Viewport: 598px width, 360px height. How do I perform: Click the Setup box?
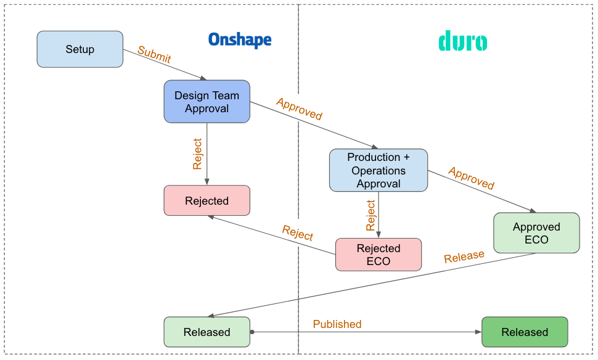pos(80,49)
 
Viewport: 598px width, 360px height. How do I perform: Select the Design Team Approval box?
pos(207,102)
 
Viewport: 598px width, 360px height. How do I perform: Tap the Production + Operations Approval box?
pos(379,170)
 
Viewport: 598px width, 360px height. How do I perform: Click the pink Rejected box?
pos(207,200)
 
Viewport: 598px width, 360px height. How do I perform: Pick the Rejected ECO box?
pos(379,255)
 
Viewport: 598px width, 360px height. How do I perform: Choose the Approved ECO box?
pos(536,233)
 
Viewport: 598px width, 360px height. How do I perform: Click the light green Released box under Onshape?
pos(207,332)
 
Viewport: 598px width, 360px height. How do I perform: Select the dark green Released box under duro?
pos(524,332)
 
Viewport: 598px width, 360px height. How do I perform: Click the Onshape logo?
pos(240,40)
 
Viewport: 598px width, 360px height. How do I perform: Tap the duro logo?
pos(462,42)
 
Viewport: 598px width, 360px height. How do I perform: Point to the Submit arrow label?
pos(154,55)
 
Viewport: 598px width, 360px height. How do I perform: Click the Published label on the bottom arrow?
pos(337,324)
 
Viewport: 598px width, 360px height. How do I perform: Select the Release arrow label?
pos(464,256)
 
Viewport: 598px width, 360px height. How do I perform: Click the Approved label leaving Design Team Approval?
pos(299,109)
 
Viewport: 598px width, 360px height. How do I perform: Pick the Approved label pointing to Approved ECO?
pos(471,178)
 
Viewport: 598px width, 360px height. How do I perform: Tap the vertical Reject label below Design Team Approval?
pos(198,153)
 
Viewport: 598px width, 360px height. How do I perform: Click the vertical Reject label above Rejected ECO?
pos(371,215)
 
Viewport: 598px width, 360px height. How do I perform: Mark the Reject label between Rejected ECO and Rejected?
pos(298,233)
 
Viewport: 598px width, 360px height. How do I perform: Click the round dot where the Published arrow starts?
pos(252,332)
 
